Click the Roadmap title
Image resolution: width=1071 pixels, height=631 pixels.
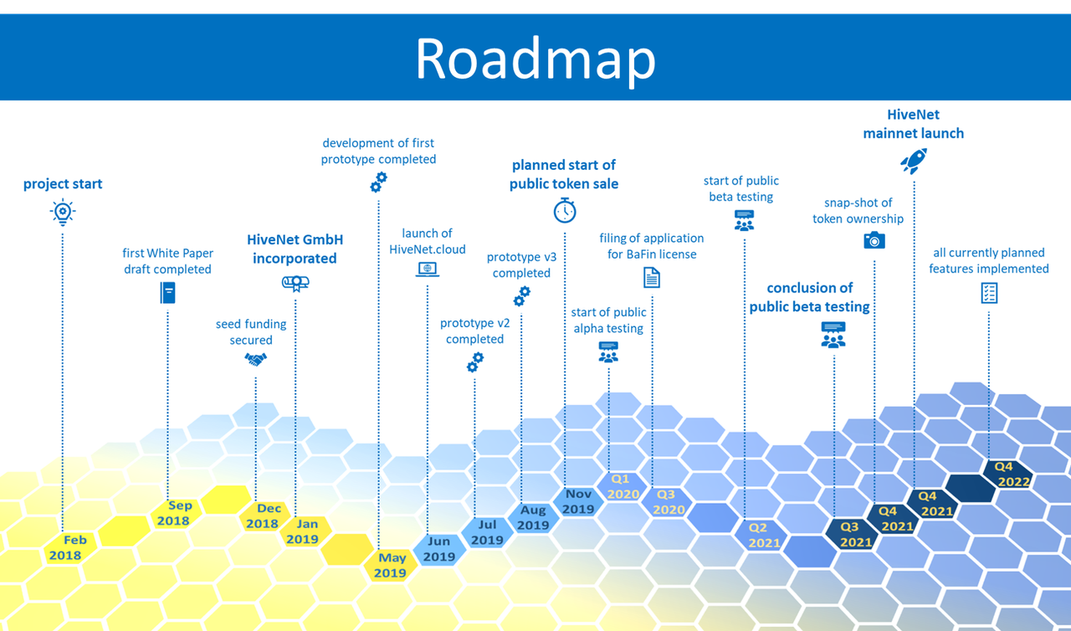[x=535, y=59]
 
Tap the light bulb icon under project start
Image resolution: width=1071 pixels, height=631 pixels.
[x=63, y=213]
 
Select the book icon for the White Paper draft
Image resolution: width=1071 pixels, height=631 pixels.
[x=168, y=292]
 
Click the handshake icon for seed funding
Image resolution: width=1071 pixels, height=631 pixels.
[x=255, y=359]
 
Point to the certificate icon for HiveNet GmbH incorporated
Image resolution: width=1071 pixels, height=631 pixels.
[x=295, y=283]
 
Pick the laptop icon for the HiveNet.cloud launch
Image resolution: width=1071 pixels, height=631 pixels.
[x=428, y=269]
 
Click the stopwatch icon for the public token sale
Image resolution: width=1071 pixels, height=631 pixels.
[x=565, y=210]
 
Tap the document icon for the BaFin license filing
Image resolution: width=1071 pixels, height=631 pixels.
[x=651, y=277]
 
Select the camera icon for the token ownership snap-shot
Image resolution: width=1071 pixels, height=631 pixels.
[x=874, y=240]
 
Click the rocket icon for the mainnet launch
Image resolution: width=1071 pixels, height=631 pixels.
[x=913, y=162]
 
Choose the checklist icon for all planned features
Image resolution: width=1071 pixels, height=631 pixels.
[x=989, y=292]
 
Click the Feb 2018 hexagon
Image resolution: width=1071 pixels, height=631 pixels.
[x=65, y=547]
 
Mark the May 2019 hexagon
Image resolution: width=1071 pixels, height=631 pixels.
[x=390, y=566]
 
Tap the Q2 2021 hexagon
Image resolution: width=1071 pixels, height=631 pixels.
[x=764, y=536]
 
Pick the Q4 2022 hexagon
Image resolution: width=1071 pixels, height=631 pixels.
[x=1012, y=475]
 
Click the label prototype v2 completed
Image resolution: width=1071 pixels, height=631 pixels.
[x=474, y=331]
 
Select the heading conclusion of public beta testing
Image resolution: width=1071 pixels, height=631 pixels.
[x=809, y=297]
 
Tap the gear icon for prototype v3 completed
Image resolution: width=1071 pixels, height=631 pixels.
[x=521, y=295]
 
